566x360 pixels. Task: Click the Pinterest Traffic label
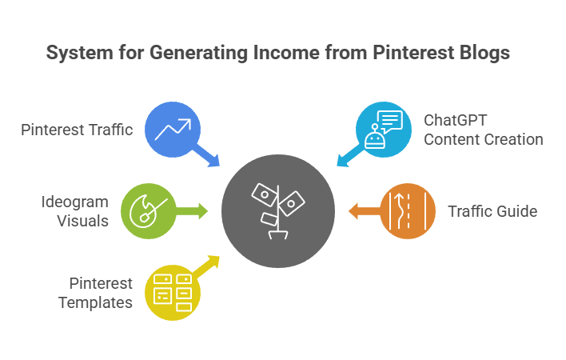tap(77, 130)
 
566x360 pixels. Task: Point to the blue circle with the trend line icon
tap(173, 130)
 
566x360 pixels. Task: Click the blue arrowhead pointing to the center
tap(213, 160)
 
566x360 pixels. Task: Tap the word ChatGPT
tap(455, 120)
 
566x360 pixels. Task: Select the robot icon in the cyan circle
tap(375, 138)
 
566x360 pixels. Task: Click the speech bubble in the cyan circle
tap(390, 122)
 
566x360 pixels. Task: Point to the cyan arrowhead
tap(343, 160)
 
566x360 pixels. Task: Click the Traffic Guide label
tap(492, 211)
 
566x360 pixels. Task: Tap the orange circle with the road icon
tap(408, 211)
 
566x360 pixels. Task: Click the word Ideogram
tap(74, 202)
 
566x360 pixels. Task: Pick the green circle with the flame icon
tap(149, 211)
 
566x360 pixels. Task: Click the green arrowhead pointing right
tap(203, 211)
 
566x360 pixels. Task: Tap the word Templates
tap(95, 303)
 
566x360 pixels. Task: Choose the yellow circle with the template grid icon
tap(173, 293)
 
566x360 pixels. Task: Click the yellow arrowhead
tap(213, 262)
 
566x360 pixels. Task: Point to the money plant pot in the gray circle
tap(278, 235)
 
